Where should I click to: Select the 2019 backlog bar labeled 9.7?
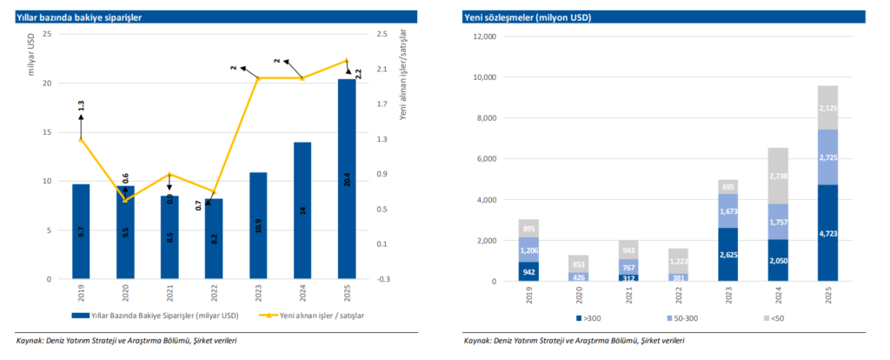point(81,232)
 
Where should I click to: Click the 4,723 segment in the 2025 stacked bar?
point(827,233)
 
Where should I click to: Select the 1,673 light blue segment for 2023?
point(727,211)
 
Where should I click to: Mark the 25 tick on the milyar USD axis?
point(47,34)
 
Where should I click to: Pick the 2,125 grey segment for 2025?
point(827,108)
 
